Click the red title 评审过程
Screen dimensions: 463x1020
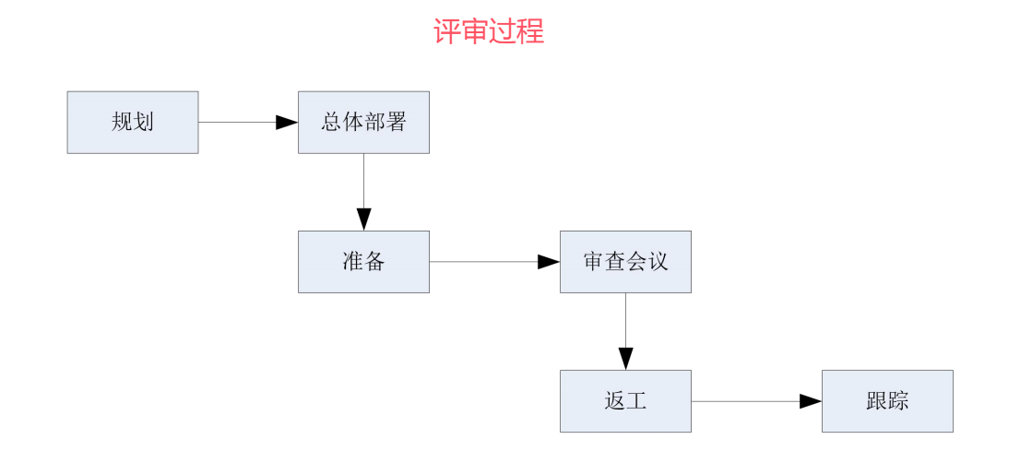coord(489,31)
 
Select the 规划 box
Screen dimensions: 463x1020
coord(133,122)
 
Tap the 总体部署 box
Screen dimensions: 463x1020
coord(363,122)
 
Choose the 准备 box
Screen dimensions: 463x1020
coord(363,262)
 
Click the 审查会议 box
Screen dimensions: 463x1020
coord(625,262)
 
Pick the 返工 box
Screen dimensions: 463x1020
coord(625,401)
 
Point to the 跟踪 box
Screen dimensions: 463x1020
coord(887,401)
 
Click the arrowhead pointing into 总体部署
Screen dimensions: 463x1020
coord(287,122)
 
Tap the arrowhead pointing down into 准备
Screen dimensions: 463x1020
coord(363,220)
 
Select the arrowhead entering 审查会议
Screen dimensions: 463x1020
coord(549,262)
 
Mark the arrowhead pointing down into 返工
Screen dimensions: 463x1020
coord(625,359)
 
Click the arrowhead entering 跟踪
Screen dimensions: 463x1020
coord(811,401)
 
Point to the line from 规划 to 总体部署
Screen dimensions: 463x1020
coord(237,122)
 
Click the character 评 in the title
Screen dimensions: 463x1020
coord(447,31)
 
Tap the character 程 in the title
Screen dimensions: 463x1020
coord(531,31)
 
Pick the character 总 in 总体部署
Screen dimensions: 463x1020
coord(331,122)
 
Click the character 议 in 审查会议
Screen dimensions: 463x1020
coord(658,262)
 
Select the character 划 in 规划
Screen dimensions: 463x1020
coord(144,122)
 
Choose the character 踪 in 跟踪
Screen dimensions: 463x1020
coord(898,401)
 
